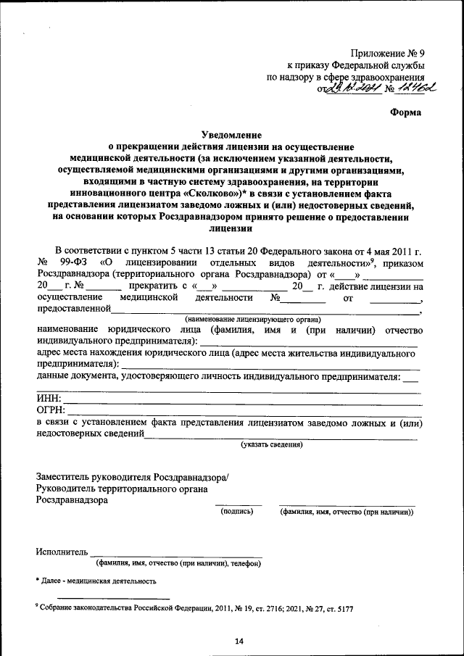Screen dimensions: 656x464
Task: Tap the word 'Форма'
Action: click(x=405, y=112)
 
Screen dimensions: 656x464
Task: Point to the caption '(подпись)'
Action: click(x=237, y=512)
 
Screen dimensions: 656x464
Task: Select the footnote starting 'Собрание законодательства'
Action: click(x=196, y=609)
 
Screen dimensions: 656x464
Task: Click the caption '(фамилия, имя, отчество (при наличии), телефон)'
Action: click(x=178, y=563)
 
